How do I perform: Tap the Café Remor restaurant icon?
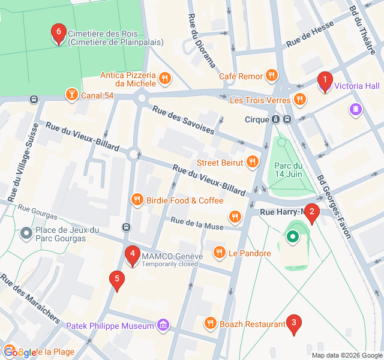pyautogui.click(x=272, y=76)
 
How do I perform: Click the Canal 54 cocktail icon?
pyautogui.click(x=71, y=95)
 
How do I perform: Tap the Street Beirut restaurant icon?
pyautogui.click(x=253, y=162)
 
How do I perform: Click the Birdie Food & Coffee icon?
pyautogui.click(x=137, y=200)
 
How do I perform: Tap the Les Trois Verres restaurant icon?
pyautogui.click(x=298, y=99)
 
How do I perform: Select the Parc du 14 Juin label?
pyautogui.click(x=288, y=170)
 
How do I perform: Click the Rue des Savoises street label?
pyautogui.click(x=182, y=120)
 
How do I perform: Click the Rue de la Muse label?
pyautogui.click(x=197, y=223)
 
